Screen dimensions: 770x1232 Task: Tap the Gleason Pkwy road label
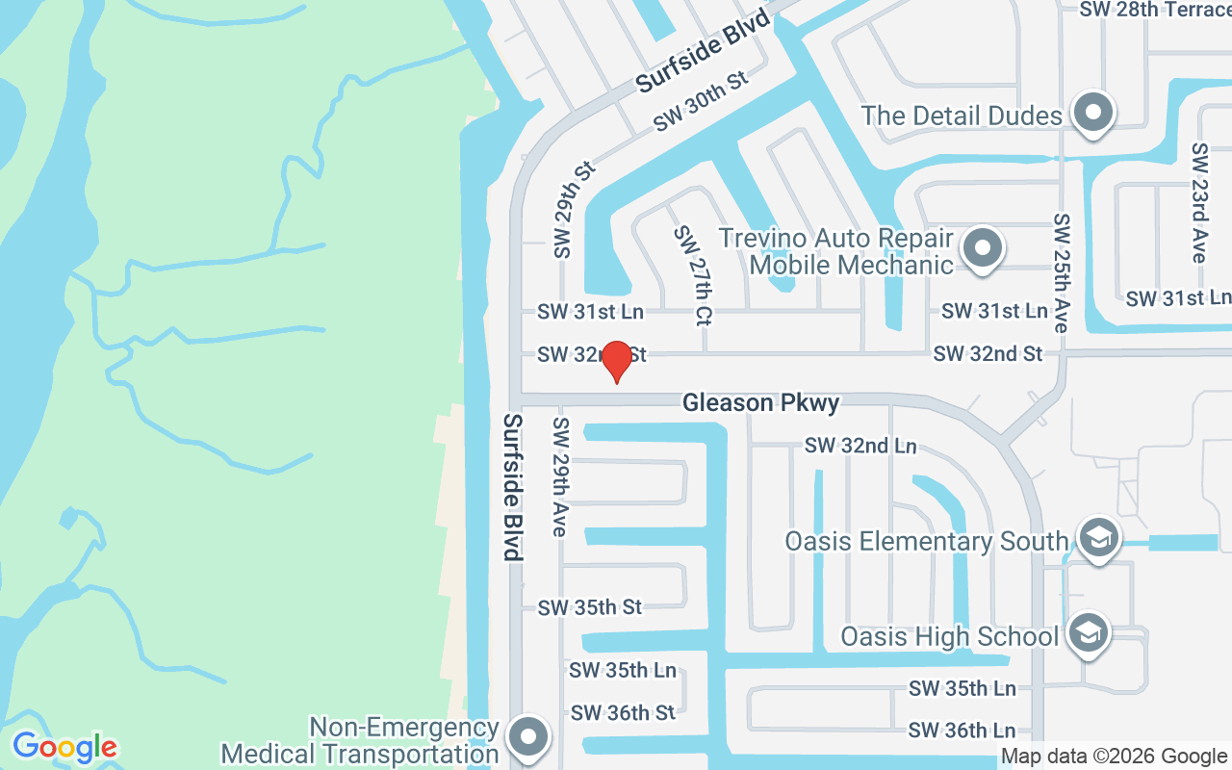coord(760,402)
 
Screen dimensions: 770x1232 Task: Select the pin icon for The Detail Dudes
coord(1092,114)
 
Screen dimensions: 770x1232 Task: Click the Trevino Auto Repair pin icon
coord(982,248)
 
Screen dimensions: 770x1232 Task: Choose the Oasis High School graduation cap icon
coord(1089,633)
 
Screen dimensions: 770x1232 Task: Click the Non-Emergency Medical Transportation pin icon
coord(527,738)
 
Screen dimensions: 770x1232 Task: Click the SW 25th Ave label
coord(1062,273)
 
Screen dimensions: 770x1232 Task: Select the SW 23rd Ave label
coord(1199,202)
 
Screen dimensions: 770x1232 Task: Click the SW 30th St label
coord(701,101)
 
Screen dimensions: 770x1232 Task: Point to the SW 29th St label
coord(574,209)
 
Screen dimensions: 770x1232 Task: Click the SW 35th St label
coord(589,607)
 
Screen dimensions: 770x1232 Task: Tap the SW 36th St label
coord(623,713)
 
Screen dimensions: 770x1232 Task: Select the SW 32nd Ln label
coord(860,446)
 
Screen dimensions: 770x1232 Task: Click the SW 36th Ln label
coord(962,731)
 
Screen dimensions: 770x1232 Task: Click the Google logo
coord(64,746)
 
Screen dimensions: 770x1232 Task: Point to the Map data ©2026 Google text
coord(1114,757)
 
